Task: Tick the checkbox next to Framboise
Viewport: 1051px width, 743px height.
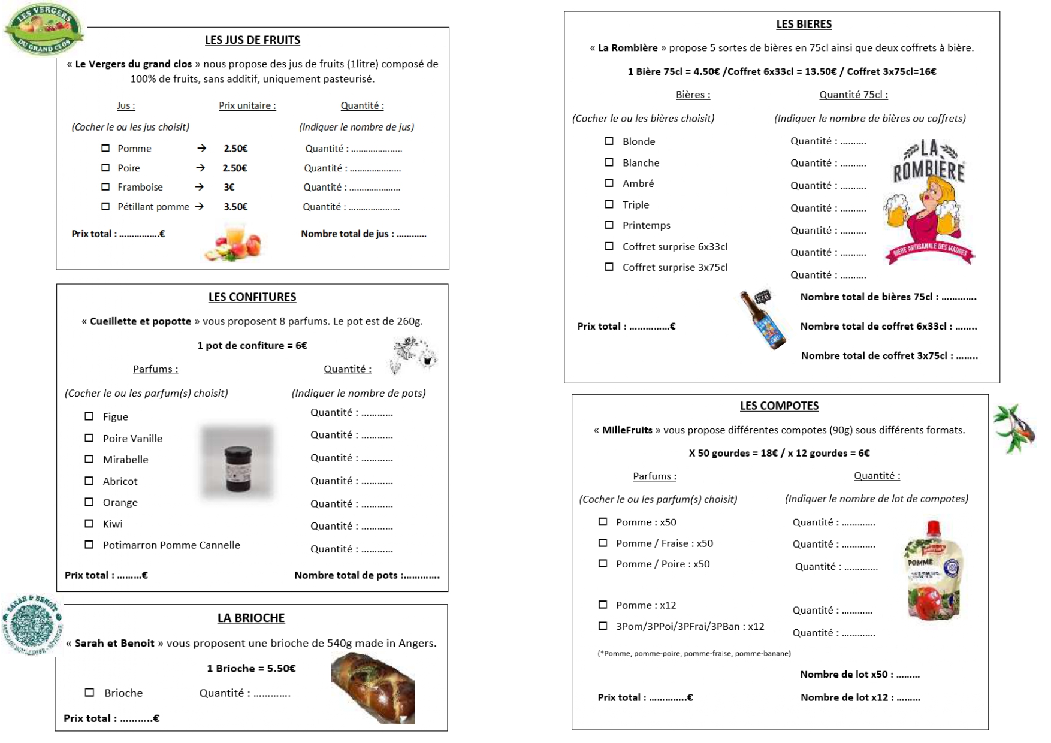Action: click(x=105, y=187)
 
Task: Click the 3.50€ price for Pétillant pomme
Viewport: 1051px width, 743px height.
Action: click(x=235, y=207)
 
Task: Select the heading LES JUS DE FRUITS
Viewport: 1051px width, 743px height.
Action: click(x=252, y=40)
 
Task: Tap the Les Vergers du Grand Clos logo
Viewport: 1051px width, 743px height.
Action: click(x=43, y=29)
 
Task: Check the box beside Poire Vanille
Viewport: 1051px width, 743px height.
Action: click(x=89, y=438)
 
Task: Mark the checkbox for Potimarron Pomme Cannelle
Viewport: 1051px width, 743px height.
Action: click(x=89, y=545)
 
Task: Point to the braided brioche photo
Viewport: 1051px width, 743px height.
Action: click(x=373, y=687)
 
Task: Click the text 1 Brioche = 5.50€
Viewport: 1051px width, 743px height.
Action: click(x=251, y=668)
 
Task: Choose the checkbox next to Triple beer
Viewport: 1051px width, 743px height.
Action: click(x=609, y=204)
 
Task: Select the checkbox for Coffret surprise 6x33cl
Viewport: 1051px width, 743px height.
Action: click(x=609, y=246)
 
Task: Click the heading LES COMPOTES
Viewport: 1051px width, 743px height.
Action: click(x=779, y=406)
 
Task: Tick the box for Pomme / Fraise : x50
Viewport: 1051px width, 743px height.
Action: click(x=603, y=543)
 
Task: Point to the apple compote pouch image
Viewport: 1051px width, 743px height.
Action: click(x=933, y=572)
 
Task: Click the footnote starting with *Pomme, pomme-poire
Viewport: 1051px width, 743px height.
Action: click(x=694, y=653)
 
